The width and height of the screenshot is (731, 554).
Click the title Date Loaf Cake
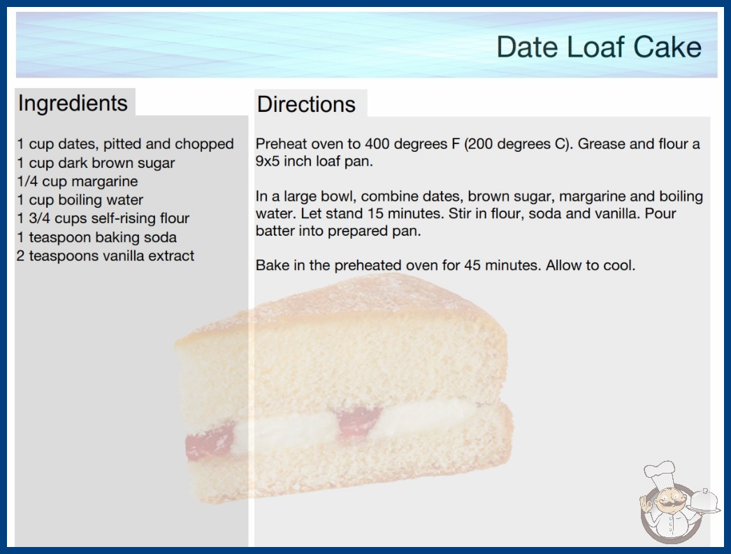(x=599, y=47)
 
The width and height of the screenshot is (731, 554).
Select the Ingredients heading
(x=73, y=103)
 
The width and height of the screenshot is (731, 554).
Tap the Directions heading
(x=306, y=104)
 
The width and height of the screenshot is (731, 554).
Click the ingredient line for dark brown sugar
(x=96, y=163)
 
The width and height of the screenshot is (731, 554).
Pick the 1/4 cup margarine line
(x=78, y=181)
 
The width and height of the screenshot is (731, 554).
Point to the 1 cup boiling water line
(x=80, y=200)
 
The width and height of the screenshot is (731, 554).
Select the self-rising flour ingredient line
(x=103, y=218)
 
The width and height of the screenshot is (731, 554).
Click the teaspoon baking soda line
(x=97, y=237)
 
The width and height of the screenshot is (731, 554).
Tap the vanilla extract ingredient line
(x=106, y=256)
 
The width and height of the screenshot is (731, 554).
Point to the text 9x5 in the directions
(x=267, y=161)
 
